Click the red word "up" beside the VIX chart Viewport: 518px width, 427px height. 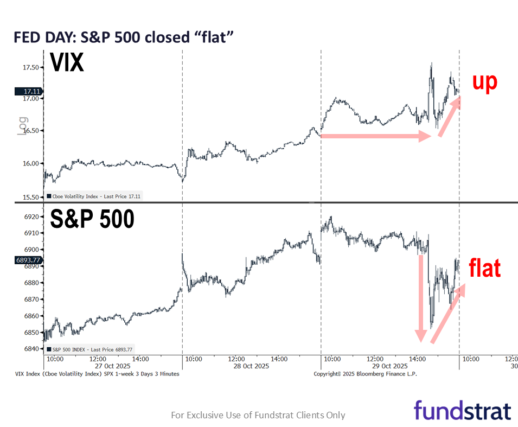[484, 81]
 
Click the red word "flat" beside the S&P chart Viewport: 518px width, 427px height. [484, 268]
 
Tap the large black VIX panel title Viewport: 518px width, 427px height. [67, 63]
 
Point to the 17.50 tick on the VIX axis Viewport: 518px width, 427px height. [30, 67]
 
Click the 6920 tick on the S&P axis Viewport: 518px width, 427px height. [31, 216]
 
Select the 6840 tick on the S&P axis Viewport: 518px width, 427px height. [31, 349]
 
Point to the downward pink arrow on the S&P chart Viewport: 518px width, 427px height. [420, 298]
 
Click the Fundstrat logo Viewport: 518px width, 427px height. [462, 410]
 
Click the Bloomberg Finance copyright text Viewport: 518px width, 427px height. [365, 374]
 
